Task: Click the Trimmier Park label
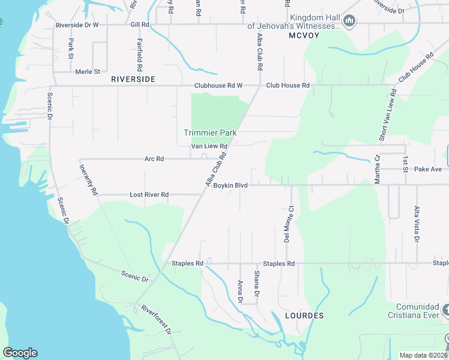[x=210, y=132]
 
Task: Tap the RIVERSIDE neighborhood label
[x=133, y=79]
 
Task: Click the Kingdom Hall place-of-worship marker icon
[x=349, y=22]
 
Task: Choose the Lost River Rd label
[x=149, y=195]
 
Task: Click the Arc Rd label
[x=154, y=159]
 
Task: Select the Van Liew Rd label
[x=209, y=146]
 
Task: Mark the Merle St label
[x=88, y=72]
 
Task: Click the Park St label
[x=71, y=49]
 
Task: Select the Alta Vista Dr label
[x=416, y=224]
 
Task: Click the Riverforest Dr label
[x=157, y=320]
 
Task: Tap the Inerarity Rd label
[x=89, y=180]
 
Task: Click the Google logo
[x=20, y=353]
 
